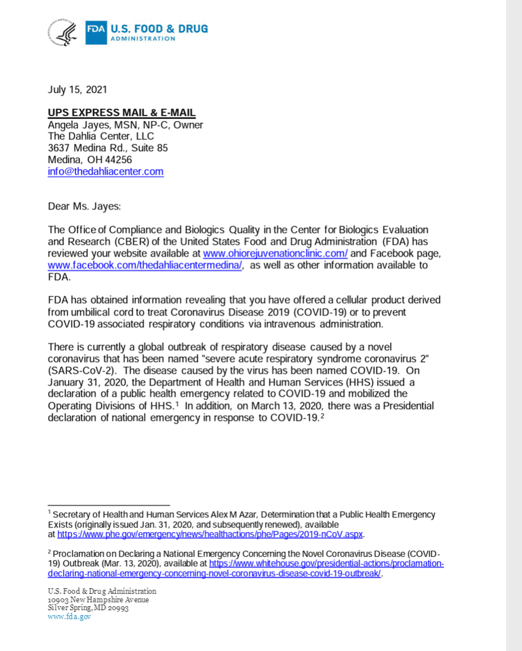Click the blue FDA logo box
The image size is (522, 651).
96,32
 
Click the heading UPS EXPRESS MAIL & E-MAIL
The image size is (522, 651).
122,113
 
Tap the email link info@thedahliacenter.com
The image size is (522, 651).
106,172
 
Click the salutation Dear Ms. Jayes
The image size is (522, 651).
84,206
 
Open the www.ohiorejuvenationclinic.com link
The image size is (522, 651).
275,254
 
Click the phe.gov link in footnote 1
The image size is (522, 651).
210,534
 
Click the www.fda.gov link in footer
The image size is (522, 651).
70,617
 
